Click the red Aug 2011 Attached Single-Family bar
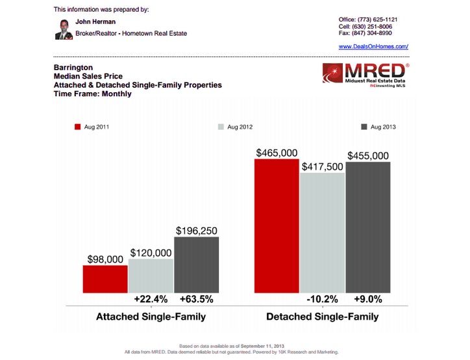105,279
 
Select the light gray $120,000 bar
151,276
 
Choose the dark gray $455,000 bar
368,227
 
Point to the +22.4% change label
151,300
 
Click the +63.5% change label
197,300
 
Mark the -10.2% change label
322,300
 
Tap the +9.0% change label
368,300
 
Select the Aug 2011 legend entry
93,127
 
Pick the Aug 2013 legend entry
378,127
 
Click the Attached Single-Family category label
151,317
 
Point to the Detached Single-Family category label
322,317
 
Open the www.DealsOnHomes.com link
373,47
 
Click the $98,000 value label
105,259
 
